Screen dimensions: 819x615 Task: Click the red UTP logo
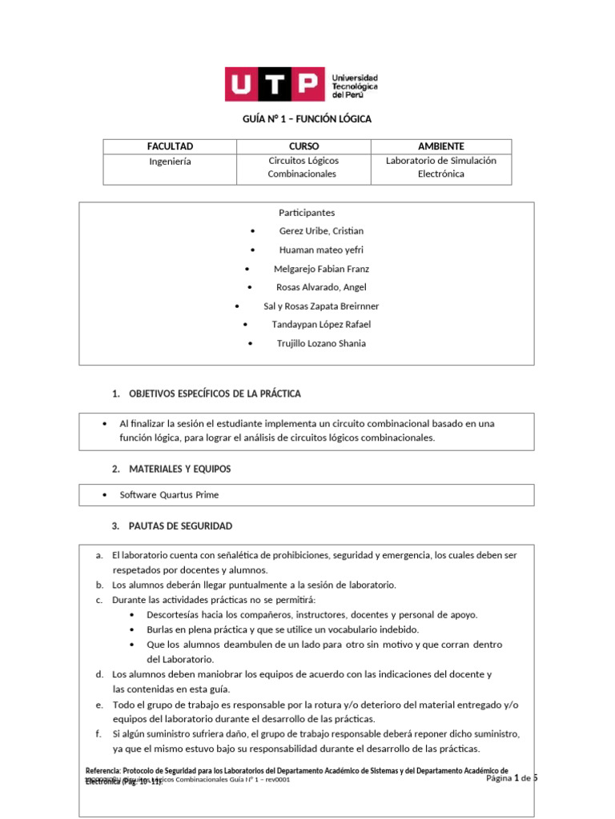pos(274,84)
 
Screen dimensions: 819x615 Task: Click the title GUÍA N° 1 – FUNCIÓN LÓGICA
pos(307,119)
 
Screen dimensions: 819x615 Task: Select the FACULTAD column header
pos(170,146)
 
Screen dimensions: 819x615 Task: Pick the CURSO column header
pos(303,146)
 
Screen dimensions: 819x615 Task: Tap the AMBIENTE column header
pos(440,146)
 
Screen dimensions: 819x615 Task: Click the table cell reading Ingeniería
pos(170,161)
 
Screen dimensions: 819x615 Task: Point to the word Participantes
pos(307,213)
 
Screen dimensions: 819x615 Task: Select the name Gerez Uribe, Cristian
pos(321,231)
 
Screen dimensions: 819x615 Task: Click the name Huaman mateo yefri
pos(321,250)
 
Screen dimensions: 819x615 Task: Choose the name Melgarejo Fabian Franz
pos(321,269)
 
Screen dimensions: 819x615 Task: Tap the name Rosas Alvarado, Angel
pos(321,287)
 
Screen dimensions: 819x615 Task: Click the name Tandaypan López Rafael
pos(321,325)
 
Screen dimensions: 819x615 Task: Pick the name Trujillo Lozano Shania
pos(321,343)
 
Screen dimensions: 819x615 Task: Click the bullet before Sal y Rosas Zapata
pos(237,306)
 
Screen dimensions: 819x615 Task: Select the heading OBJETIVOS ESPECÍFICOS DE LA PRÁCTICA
pos(215,394)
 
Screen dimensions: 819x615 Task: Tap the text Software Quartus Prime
pos(169,495)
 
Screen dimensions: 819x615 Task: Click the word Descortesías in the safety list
pos(175,615)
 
